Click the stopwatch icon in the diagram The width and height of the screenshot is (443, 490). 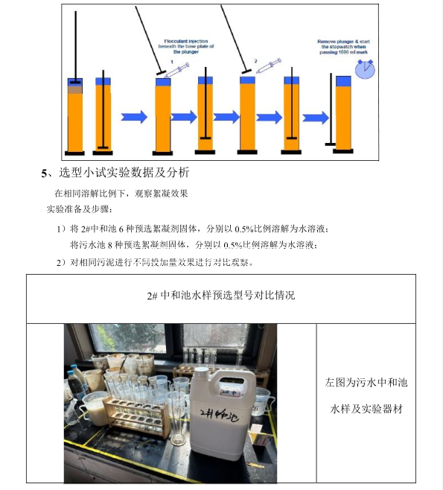click(x=364, y=69)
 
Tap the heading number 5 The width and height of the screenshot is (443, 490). click(x=44, y=174)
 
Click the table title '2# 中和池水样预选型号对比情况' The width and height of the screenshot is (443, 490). click(x=221, y=295)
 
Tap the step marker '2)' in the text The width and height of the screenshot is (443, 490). click(x=63, y=263)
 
